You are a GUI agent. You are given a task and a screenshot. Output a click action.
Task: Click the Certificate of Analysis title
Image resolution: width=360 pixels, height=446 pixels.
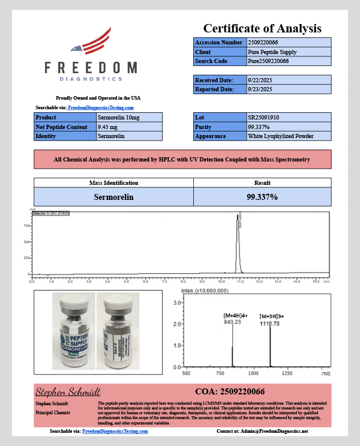pyautogui.click(x=262, y=28)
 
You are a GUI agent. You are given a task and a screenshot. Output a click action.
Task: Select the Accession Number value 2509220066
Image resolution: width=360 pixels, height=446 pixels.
pyautogui.click(x=263, y=43)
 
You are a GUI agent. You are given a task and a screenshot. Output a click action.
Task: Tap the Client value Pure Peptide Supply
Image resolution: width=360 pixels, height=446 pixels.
pyautogui.click(x=272, y=52)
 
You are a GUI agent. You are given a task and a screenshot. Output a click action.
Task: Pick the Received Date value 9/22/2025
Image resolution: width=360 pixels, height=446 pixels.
pyautogui.click(x=260, y=80)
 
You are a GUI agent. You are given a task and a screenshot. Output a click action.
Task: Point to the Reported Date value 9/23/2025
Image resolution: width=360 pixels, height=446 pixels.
pyautogui.click(x=260, y=89)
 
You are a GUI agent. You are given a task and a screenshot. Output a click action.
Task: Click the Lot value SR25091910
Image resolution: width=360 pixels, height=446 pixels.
pyautogui.click(x=265, y=118)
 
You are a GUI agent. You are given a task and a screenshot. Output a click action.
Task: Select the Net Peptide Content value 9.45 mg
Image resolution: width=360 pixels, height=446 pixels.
pyautogui.click(x=109, y=127)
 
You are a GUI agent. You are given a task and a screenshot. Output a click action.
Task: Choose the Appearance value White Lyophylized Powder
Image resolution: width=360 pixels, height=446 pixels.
pyautogui.click(x=281, y=136)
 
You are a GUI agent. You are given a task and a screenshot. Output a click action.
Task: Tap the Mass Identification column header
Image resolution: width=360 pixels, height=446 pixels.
pyautogui.click(x=113, y=182)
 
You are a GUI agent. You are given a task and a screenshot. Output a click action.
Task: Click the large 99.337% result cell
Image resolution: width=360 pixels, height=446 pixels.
pyautogui.click(x=262, y=196)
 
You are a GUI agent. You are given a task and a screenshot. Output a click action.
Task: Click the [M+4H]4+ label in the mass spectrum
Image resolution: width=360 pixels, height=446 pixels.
pyautogui.click(x=235, y=316)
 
